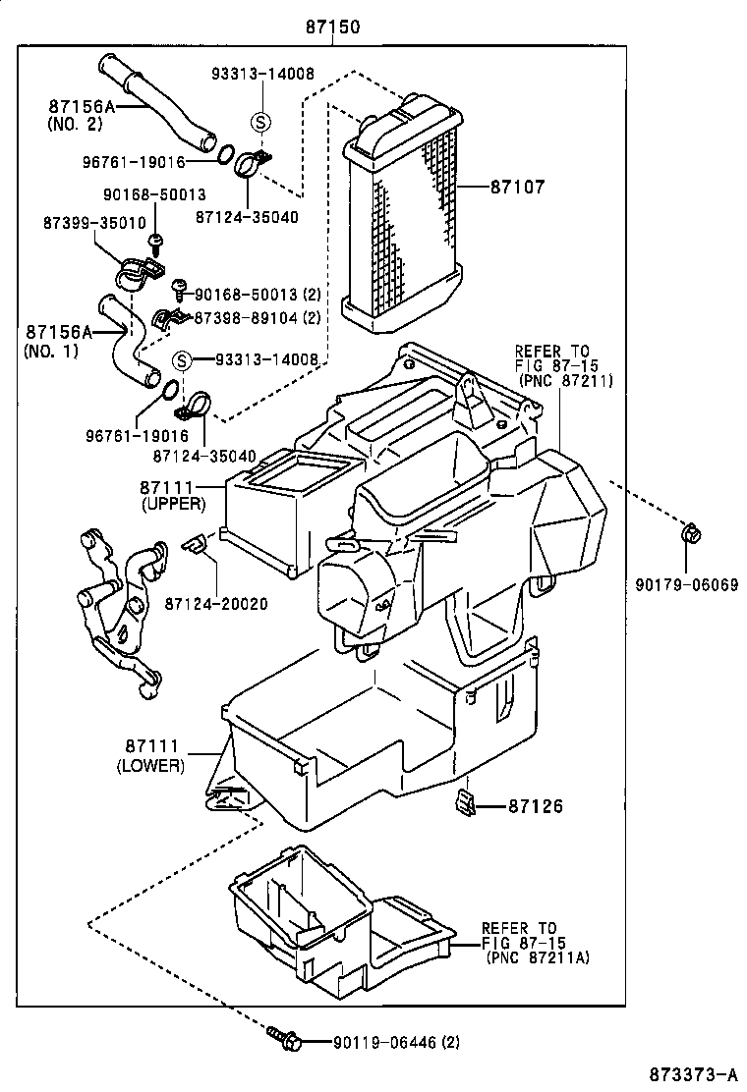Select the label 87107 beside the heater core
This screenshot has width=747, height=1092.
(x=517, y=185)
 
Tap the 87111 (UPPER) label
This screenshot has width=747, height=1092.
(x=172, y=495)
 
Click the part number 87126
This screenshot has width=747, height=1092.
(x=536, y=806)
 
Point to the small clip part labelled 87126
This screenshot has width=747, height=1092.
(x=465, y=802)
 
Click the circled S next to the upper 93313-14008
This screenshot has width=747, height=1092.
(x=260, y=122)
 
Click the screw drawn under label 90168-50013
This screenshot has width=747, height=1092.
(x=155, y=241)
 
